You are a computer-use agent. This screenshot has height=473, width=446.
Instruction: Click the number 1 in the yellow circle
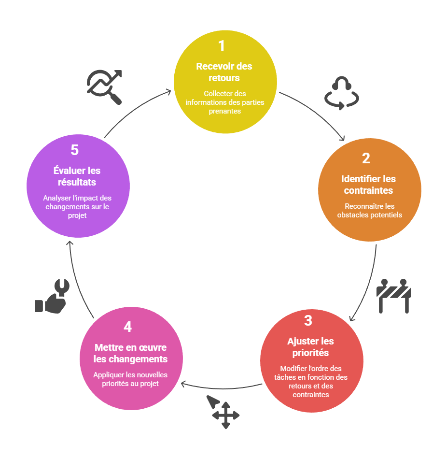coord(222,46)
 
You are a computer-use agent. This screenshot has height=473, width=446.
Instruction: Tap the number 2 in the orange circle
coord(366,158)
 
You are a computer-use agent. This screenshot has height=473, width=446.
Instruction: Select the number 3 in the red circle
coord(308,320)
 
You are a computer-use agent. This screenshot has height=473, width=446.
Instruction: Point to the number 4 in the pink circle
coord(127,327)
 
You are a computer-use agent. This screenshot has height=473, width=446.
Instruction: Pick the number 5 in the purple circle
coord(74,150)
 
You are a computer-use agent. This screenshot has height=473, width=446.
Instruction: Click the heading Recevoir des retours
coord(224,72)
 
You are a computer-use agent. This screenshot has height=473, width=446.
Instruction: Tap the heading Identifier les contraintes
coord(368,185)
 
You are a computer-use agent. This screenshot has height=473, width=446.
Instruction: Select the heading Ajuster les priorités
coord(310,347)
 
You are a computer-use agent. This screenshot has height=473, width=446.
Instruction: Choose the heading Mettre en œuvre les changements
coord(130,353)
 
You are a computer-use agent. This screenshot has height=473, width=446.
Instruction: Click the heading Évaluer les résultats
coord(77,176)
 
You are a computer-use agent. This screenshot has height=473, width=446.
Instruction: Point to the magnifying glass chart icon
coord(104,86)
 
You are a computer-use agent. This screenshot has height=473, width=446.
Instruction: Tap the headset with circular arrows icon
coord(341,93)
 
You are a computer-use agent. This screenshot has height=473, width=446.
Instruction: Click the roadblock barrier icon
coord(393,295)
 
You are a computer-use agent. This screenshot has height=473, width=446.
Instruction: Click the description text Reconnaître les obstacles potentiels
coord(369,211)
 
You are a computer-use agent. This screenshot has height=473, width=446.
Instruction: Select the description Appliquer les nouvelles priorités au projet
coord(130,379)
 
